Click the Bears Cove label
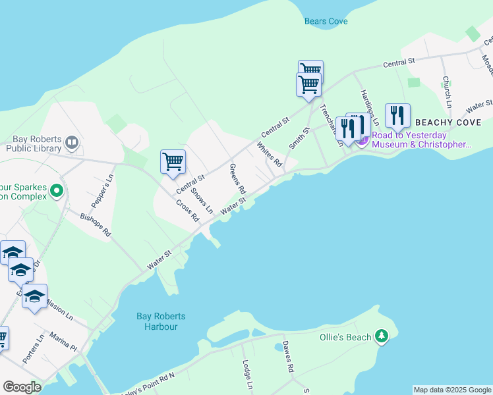(x=326, y=21)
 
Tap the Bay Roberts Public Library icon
(x=72, y=142)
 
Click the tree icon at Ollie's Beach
(x=381, y=337)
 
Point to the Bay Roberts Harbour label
(x=157, y=321)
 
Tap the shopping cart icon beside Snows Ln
(x=173, y=161)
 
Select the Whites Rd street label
(x=269, y=154)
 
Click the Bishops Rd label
(x=96, y=224)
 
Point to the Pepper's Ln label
(x=107, y=187)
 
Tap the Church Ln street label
(x=446, y=92)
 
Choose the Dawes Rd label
(x=287, y=357)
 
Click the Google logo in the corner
(x=22, y=387)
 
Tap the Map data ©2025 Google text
(x=452, y=390)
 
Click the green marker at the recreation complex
(x=56, y=191)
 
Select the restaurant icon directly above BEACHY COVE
(x=397, y=115)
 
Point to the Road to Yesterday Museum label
(x=422, y=140)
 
